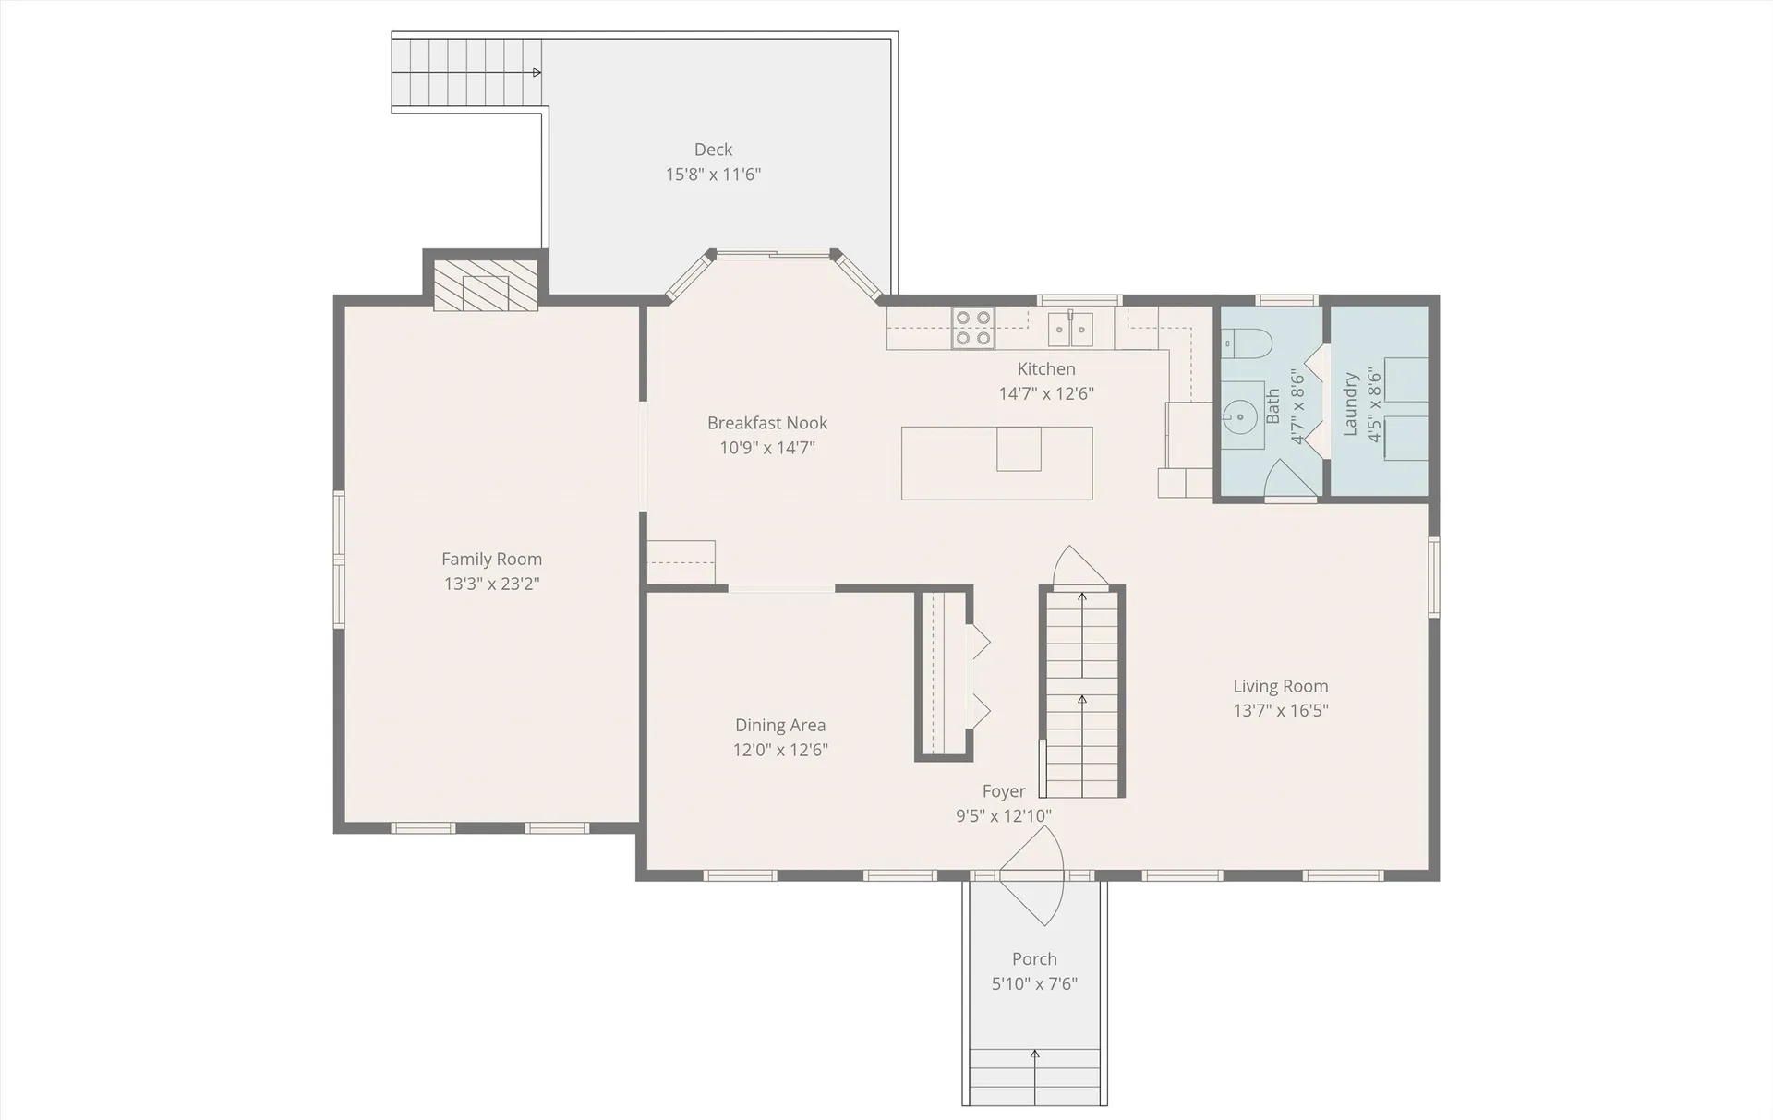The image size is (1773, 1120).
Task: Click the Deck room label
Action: coord(713,150)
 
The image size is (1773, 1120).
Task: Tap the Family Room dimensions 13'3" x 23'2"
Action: coord(491,584)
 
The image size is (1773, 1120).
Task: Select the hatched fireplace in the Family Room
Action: coord(486,285)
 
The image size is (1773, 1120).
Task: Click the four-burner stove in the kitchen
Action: coord(973,328)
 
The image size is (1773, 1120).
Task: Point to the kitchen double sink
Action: coord(1070,328)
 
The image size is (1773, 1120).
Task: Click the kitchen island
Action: coord(996,463)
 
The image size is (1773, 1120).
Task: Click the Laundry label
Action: coord(1350,404)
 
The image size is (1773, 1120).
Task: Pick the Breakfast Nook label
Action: coord(766,423)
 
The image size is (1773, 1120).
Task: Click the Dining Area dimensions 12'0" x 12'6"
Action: coord(780,750)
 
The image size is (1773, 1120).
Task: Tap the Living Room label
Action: coord(1280,686)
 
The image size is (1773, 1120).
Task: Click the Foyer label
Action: coord(1003,791)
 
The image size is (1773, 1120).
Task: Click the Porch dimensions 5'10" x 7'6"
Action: coord(1034,983)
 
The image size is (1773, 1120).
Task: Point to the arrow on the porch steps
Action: coord(1034,1055)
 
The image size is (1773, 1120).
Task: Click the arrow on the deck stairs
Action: coord(536,72)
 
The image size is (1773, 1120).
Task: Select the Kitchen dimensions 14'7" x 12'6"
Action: coord(1046,393)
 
